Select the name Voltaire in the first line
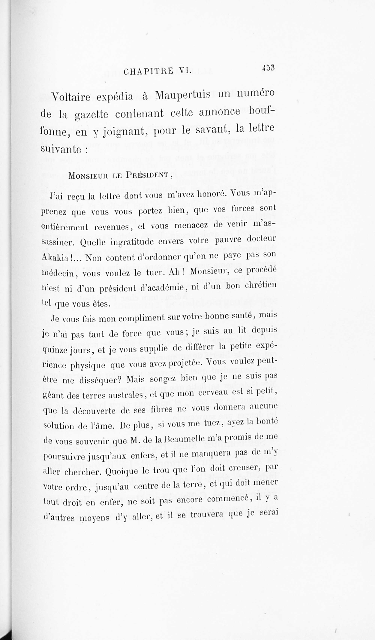pyautogui.click(x=71, y=97)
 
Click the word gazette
pyautogui.click(x=91, y=115)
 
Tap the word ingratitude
pyautogui.click(x=132, y=241)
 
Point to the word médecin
pyautogui.click(x=58, y=274)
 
